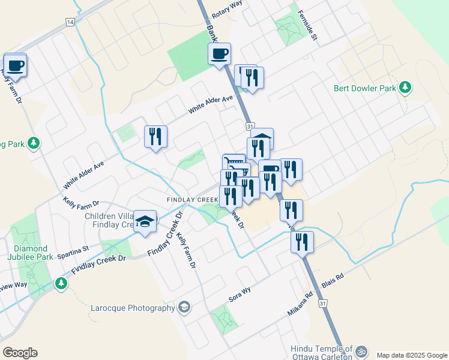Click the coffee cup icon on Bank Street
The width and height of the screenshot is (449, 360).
pos(219,54)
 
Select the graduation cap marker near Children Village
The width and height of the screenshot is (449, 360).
pos(145,221)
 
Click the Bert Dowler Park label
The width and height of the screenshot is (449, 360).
pos(365,88)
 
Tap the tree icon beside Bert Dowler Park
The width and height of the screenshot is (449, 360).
pos(405,88)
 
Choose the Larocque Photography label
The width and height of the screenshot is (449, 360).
pos(132,308)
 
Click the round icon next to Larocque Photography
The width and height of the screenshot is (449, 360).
pos(184,308)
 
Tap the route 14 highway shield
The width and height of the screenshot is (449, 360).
pos(70,22)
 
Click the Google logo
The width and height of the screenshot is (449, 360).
pos(20,353)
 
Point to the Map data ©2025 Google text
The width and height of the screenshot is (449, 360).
pos(412,355)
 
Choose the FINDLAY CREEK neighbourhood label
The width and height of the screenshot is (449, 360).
pos(193,199)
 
